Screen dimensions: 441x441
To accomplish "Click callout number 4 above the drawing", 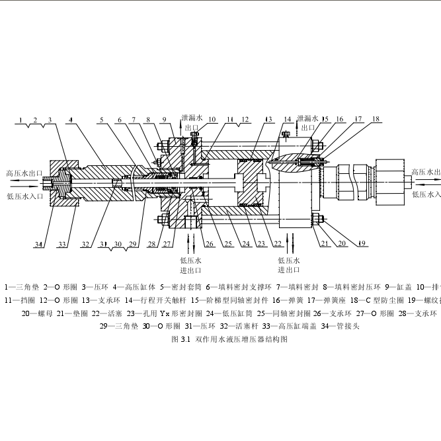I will [x=69, y=120].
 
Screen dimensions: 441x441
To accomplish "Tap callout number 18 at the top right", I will [x=376, y=119].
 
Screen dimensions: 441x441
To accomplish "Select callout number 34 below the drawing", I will [x=39, y=245].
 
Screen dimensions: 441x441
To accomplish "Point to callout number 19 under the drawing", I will [x=362, y=243].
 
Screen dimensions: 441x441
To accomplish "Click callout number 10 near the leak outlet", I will [x=212, y=120].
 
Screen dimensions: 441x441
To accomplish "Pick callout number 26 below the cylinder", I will [x=210, y=244].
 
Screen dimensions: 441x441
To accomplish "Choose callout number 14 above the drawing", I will [x=287, y=120].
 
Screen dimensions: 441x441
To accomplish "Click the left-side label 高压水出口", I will [x=24, y=173].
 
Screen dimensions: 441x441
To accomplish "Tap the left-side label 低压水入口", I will [x=24, y=196].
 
